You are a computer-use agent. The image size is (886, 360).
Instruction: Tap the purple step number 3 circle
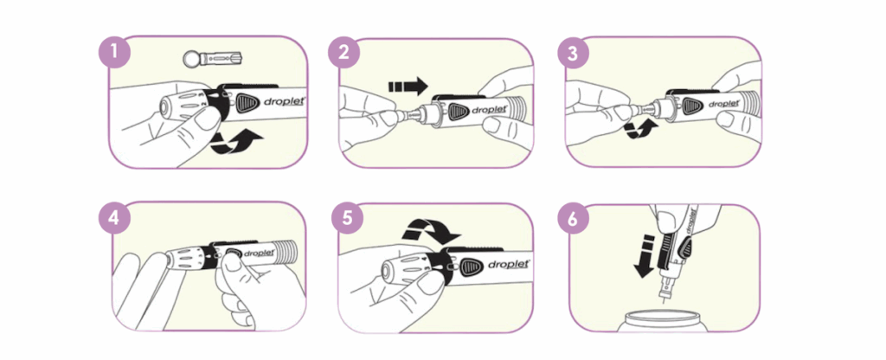(x=573, y=53)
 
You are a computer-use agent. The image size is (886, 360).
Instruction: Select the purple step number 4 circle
(x=115, y=219)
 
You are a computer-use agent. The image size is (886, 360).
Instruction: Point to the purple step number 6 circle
(x=573, y=219)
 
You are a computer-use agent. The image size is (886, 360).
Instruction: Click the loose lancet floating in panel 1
(x=212, y=58)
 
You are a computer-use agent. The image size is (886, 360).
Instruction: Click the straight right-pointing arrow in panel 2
(x=408, y=87)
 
